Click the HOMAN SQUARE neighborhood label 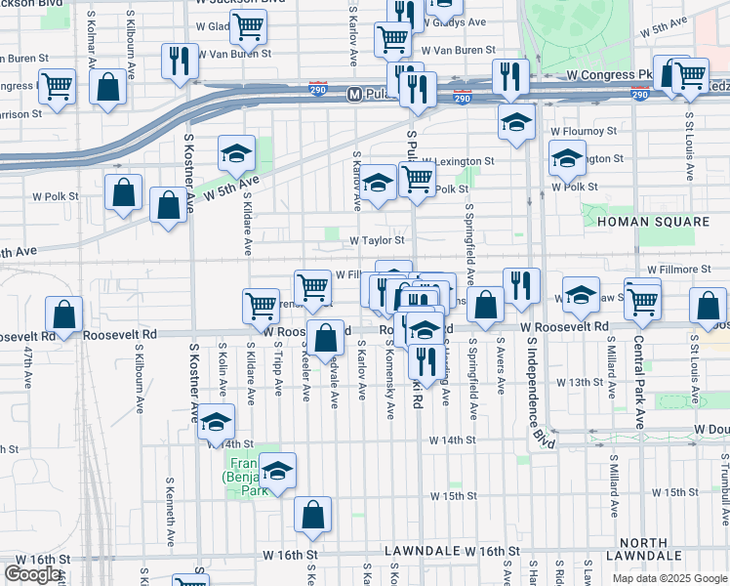point(653,222)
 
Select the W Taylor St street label point(378,239)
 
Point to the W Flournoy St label point(585,130)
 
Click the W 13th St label point(573,382)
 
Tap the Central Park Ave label point(639,390)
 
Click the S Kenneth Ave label point(170,524)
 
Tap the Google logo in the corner point(33,574)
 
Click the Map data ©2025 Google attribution point(669,578)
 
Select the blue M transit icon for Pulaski point(355,95)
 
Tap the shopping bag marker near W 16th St point(312,515)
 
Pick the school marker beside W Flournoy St point(516,121)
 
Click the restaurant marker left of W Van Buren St point(178,60)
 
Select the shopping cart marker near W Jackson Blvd point(249,27)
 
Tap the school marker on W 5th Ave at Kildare point(236,152)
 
